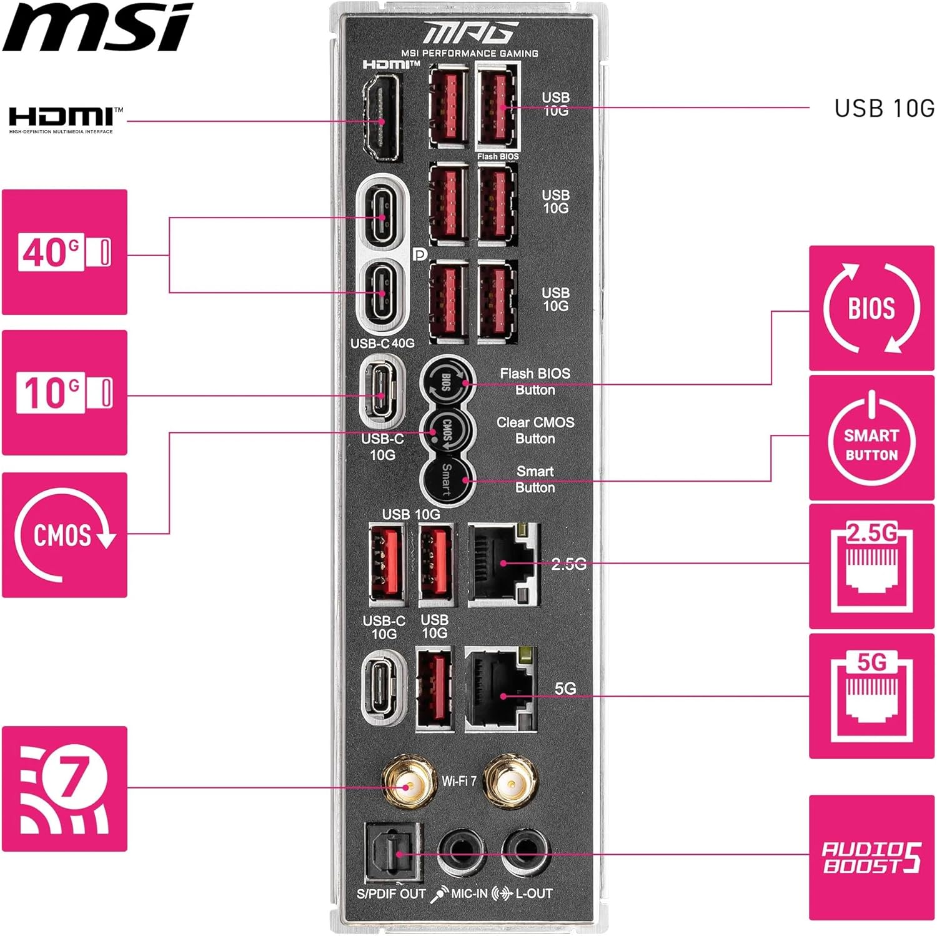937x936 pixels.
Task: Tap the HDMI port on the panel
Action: point(380,119)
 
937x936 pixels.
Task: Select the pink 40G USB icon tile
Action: point(64,252)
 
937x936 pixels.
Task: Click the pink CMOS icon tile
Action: point(64,535)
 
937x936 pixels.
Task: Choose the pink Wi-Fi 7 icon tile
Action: point(64,789)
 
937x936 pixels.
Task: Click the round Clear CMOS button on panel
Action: point(446,431)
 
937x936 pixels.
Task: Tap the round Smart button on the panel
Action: point(446,480)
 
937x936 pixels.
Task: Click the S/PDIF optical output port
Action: point(393,854)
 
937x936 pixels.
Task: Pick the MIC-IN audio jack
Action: point(461,852)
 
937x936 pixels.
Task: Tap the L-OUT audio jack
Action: point(525,852)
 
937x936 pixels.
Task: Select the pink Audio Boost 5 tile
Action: point(871,857)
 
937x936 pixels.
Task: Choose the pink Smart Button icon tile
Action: point(871,437)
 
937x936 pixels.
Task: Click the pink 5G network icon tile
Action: point(871,696)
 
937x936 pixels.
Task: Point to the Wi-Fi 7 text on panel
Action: point(459,781)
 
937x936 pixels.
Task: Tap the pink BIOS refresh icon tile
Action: point(871,308)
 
